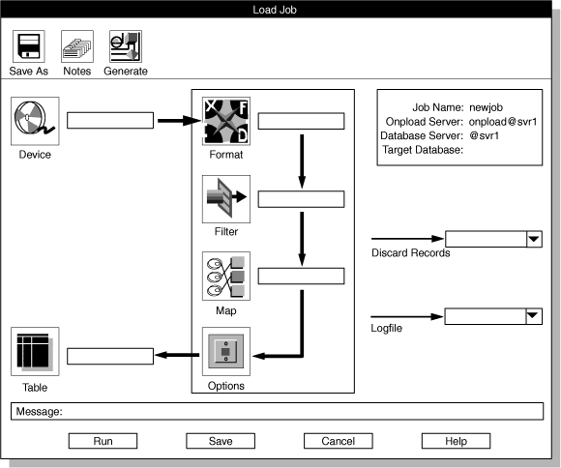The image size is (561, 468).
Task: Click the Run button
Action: pos(103,441)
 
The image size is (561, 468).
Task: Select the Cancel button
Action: pos(338,441)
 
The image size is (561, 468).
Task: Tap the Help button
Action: pos(456,441)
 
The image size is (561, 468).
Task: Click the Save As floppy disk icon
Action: pos(28,47)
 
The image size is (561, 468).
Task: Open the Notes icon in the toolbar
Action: pos(76,47)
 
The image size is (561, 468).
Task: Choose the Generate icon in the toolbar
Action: pos(125,47)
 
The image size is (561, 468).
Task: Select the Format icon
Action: pos(225,121)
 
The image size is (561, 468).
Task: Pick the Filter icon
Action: pos(225,199)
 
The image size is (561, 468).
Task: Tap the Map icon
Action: pos(225,277)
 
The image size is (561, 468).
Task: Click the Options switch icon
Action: pos(225,351)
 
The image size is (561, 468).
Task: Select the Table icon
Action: pos(34,351)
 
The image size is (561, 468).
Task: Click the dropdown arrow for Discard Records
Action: pos(532,240)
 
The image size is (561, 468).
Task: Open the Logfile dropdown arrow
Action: pos(532,316)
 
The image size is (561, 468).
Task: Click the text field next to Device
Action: pos(110,121)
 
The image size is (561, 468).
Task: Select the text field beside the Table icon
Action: pos(110,356)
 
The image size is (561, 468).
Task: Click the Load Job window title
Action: pos(280,11)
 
